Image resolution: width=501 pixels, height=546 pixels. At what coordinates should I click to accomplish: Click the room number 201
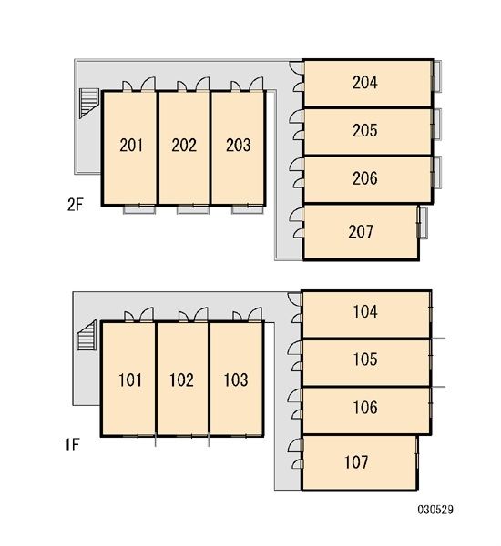pos(131,146)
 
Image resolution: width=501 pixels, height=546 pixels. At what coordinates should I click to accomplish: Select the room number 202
pos(184,146)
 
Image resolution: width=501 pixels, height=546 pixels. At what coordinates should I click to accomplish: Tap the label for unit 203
pos(238,146)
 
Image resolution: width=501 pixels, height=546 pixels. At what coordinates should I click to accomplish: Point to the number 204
pos(364,83)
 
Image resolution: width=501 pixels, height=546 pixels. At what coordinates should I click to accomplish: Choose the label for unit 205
pos(364,130)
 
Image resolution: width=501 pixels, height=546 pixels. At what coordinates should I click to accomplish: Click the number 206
pos(364,178)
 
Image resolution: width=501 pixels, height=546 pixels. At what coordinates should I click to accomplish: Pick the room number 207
pos(361,231)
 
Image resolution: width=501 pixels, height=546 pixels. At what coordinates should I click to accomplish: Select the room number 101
pos(130,379)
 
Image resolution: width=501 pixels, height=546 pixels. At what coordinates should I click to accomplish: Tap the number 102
pos(181,379)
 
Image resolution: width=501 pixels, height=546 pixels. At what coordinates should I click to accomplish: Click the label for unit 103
pos(236,379)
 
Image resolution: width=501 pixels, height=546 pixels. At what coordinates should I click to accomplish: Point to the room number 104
pos(365,311)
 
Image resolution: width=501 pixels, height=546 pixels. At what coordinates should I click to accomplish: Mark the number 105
pos(365,359)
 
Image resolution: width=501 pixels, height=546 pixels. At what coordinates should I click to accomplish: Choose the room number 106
pos(365,408)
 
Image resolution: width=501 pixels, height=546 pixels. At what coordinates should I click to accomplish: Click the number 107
pos(356,462)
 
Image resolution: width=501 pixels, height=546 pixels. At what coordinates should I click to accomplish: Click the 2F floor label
pos(75,205)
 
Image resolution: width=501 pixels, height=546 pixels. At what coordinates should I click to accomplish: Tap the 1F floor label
pos(72,445)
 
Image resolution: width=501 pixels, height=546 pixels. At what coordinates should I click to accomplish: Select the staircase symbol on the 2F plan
pos(89,104)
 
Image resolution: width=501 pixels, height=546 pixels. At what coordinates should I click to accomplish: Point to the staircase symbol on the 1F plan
pos(87,335)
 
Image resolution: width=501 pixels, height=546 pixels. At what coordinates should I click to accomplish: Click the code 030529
pos(435,510)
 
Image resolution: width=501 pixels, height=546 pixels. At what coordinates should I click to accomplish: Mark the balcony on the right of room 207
pos(423,223)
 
